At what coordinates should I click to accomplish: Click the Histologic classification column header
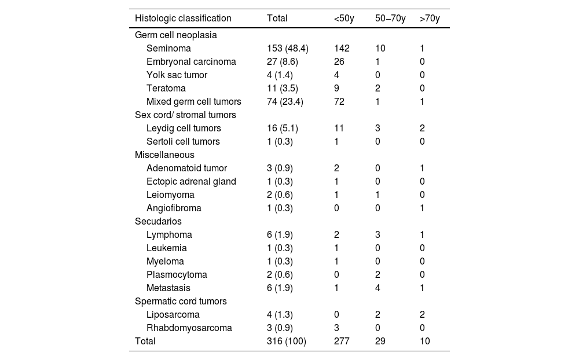coord(183,19)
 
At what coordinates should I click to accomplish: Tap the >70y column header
coord(430,19)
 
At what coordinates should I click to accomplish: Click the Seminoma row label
coord(168,49)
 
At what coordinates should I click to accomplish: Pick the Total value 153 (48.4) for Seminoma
coord(288,49)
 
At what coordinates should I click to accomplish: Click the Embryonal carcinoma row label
coord(191,62)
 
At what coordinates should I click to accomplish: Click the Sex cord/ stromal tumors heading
coord(185,115)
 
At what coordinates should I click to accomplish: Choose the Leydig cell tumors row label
coord(184,128)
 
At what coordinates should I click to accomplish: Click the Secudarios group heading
coord(158,222)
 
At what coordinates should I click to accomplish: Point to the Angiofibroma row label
coord(174,208)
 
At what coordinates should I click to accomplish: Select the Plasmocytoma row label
coord(177,275)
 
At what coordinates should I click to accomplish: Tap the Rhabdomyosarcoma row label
coord(189,328)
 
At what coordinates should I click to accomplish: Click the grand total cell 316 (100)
coord(287,341)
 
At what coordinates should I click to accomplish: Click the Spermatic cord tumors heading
coord(181,302)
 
